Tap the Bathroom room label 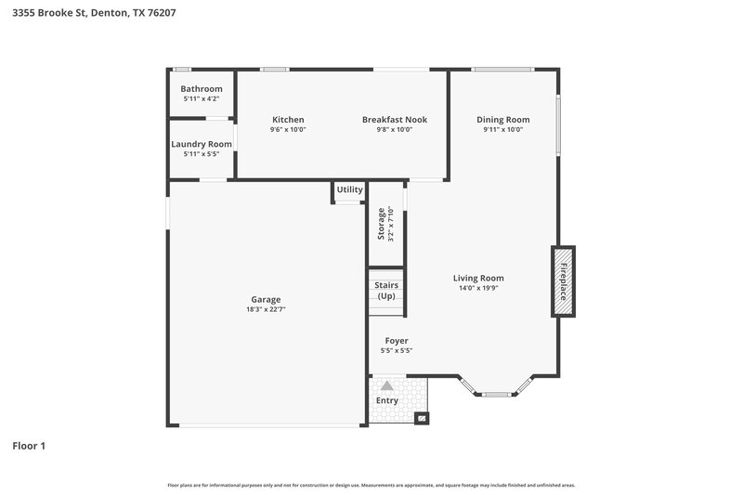pos(202,89)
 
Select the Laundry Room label pos(202,144)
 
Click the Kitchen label pos(288,120)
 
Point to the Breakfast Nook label pos(387,120)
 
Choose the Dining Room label pos(503,120)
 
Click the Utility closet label pos(350,189)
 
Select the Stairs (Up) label pos(385,291)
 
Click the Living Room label pos(478,278)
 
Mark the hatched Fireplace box pos(563,281)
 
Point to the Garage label pos(266,299)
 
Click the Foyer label pos(397,341)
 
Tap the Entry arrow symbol pos(387,384)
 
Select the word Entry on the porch pos(386,400)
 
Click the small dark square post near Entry pos(421,419)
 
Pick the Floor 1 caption pos(29,446)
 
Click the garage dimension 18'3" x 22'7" pos(266,309)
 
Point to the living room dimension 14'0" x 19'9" pos(478,288)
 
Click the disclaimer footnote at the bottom pos(371,485)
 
